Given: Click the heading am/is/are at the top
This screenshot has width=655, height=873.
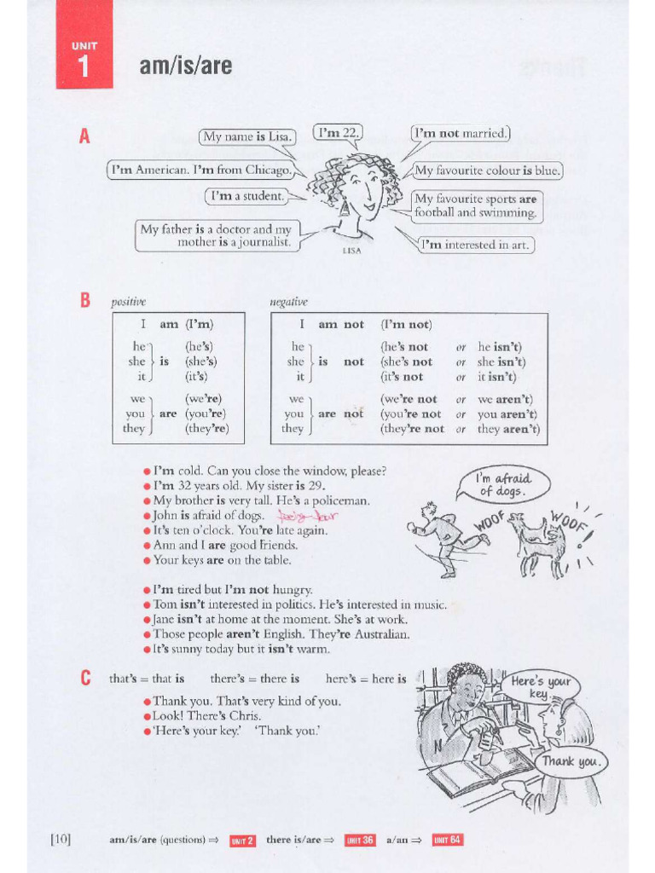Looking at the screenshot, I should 185,65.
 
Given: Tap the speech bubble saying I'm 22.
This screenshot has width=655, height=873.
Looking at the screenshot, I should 338,134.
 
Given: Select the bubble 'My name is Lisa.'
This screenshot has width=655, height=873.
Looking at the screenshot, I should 246,137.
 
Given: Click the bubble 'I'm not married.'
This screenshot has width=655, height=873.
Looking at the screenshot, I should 461,134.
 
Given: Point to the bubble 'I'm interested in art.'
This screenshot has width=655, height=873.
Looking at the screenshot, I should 477,245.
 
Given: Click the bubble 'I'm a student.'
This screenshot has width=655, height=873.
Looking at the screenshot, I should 246,196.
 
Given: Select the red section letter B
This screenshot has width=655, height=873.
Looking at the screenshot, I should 84,301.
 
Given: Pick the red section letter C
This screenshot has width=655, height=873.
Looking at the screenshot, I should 84,679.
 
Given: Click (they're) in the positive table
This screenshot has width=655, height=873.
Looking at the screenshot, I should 207,429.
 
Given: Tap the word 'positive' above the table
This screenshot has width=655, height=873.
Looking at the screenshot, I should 128,302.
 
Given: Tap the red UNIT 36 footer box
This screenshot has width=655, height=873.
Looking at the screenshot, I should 359,840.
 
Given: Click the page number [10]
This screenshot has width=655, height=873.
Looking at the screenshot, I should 60,840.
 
